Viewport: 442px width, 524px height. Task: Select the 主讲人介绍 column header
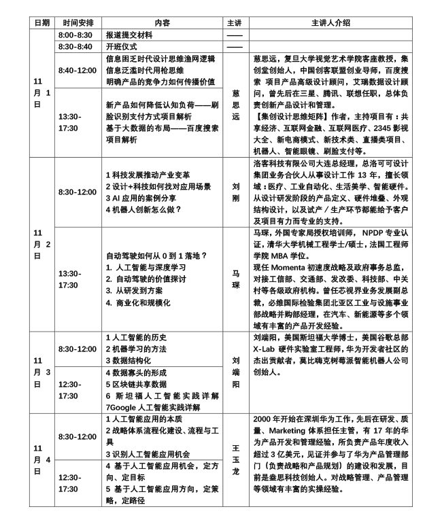click(331, 22)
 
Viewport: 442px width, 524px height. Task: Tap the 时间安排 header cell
click(78, 22)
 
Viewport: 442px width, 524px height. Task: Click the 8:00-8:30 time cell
click(75, 34)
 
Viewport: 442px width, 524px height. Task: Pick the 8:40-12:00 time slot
click(78, 70)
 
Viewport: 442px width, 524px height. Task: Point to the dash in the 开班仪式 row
click(234, 46)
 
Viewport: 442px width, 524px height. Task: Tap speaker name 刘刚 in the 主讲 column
click(234, 192)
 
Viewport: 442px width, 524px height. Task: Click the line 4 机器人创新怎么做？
click(143, 209)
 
